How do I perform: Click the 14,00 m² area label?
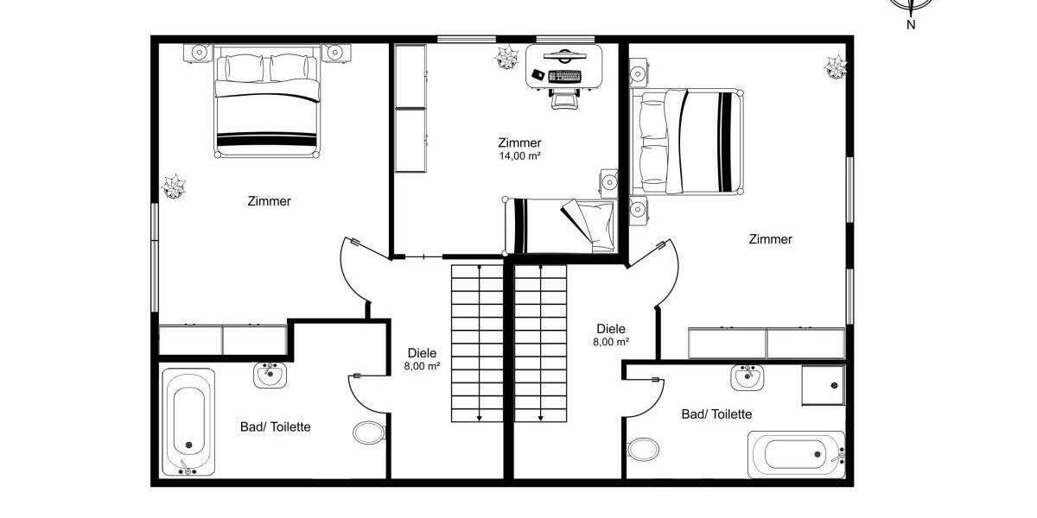click(x=519, y=156)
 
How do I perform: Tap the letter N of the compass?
click(x=911, y=25)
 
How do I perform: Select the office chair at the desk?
click(x=564, y=97)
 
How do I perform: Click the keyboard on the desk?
click(x=566, y=77)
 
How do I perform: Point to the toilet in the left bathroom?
click(x=369, y=432)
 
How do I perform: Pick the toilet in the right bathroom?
click(x=641, y=449)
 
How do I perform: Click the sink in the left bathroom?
click(x=270, y=375)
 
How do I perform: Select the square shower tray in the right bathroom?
click(x=822, y=385)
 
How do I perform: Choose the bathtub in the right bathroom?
click(x=796, y=453)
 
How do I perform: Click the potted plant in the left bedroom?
click(x=174, y=186)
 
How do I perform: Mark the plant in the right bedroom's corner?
click(x=835, y=66)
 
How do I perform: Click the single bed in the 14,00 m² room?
click(x=562, y=224)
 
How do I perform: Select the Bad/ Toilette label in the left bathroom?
click(x=275, y=426)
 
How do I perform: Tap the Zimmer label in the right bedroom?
click(x=770, y=239)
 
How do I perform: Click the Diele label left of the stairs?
click(x=422, y=352)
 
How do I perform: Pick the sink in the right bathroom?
click(x=747, y=376)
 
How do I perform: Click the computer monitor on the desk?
click(x=564, y=58)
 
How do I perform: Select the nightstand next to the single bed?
click(x=610, y=182)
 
